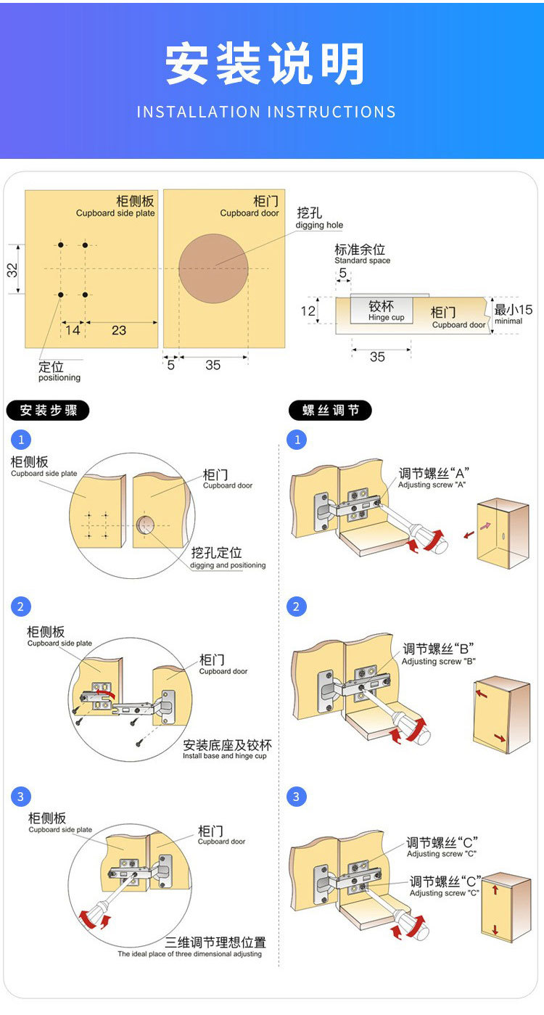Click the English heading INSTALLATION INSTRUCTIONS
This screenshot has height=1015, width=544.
pyautogui.click(x=266, y=112)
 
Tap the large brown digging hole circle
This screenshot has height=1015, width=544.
pyautogui.click(x=213, y=268)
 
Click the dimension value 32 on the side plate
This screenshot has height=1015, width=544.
pyautogui.click(x=12, y=270)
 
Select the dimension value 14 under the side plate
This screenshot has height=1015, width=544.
pyautogui.click(x=73, y=330)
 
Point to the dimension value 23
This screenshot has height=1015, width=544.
pyautogui.click(x=119, y=330)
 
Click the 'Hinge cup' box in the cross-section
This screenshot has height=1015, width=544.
pyautogui.click(x=382, y=311)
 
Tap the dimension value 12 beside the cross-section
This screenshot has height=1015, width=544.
pyautogui.click(x=308, y=311)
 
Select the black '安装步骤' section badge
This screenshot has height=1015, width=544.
pyautogui.click(x=48, y=411)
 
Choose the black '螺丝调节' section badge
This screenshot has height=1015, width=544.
pyautogui.click(x=330, y=411)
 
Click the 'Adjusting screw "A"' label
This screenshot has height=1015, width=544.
pyautogui.click(x=432, y=485)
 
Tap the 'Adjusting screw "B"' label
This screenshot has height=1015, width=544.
pyautogui.click(x=439, y=662)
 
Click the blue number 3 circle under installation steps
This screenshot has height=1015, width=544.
pyautogui.click(x=21, y=797)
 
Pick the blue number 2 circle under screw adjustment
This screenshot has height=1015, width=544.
pyautogui.click(x=296, y=607)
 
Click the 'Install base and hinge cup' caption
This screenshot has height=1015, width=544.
pyautogui.click(x=225, y=756)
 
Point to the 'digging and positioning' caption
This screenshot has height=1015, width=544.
pyautogui.click(x=228, y=565)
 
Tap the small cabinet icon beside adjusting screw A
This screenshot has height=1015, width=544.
pyautogui.click(x=502, y=533)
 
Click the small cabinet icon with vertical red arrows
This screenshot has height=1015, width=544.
pyautogui.click(x=505, y=907)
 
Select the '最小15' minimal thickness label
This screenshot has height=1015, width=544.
pyautogui.click(x=513, y=314)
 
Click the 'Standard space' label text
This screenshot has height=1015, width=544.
pyautogui.click(x=362, y=260)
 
